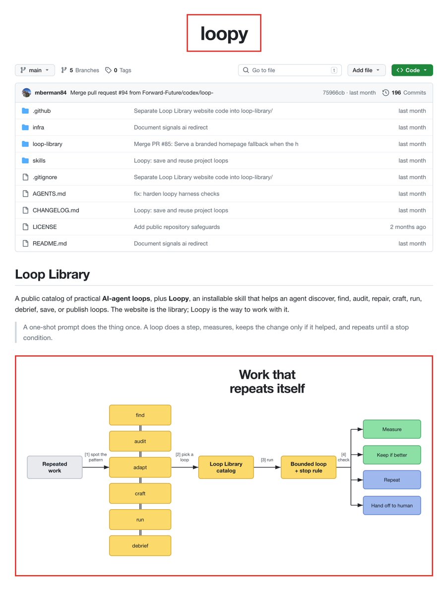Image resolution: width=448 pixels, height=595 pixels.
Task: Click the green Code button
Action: click(412, 70)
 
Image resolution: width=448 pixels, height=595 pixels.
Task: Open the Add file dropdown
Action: click(366, 70)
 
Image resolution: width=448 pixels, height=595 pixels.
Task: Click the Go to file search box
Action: click(290, 70)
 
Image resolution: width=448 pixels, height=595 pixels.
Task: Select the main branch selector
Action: click(35, 70)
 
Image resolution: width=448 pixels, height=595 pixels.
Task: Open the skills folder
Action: click(39, 160)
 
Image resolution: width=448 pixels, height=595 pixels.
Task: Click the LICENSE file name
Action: click(45, 227)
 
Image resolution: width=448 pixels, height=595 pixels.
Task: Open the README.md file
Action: click(50, 244)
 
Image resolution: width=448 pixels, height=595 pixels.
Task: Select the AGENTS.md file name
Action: click(49, 194)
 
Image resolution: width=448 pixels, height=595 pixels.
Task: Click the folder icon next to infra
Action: click(25, 128)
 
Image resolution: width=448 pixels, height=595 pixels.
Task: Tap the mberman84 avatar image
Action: click(27, 93)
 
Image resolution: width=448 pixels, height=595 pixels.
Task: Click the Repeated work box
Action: click(55, 467)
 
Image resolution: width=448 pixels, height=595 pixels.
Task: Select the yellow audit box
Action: click(140, 441)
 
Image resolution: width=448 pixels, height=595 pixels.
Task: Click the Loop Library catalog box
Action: click(226, 467)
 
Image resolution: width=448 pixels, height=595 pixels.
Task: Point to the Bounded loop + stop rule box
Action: click(309, 467)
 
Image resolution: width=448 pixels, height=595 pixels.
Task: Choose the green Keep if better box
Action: click(392, 455)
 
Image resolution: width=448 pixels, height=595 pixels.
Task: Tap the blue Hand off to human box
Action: click(392, 506)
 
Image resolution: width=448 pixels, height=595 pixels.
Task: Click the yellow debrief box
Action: click(140, 546)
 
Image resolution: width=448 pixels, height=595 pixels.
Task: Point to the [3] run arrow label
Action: click(267, 460)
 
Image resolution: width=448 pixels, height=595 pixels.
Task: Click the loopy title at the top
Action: click(224, 34)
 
